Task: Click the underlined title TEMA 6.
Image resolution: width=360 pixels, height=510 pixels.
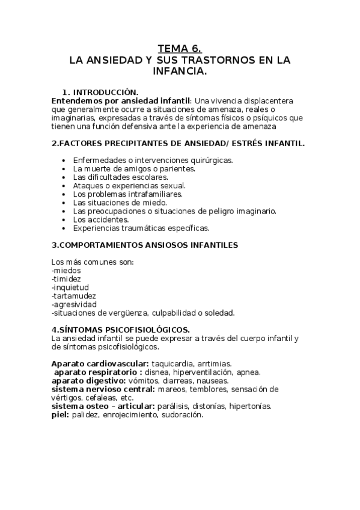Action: pyautogui.click(x=180, y=49)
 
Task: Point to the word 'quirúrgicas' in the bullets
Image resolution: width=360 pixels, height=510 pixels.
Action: pyautogui.click(x=210, y=161)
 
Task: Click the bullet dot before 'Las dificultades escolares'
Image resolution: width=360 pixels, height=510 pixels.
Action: pyautogui.click(x=64, y=178)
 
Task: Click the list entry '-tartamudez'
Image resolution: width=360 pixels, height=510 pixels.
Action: pyautogui.click(x=74, y=296)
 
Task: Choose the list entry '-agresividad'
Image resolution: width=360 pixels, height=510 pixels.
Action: pyautogui.click(x=74, y=304)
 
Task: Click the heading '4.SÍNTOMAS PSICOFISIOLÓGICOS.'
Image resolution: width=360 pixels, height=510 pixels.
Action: pyautogui.click(x=121, y=330)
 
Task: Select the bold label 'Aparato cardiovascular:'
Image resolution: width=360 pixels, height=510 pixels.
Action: pyautogui.click(x=100, y=363)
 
